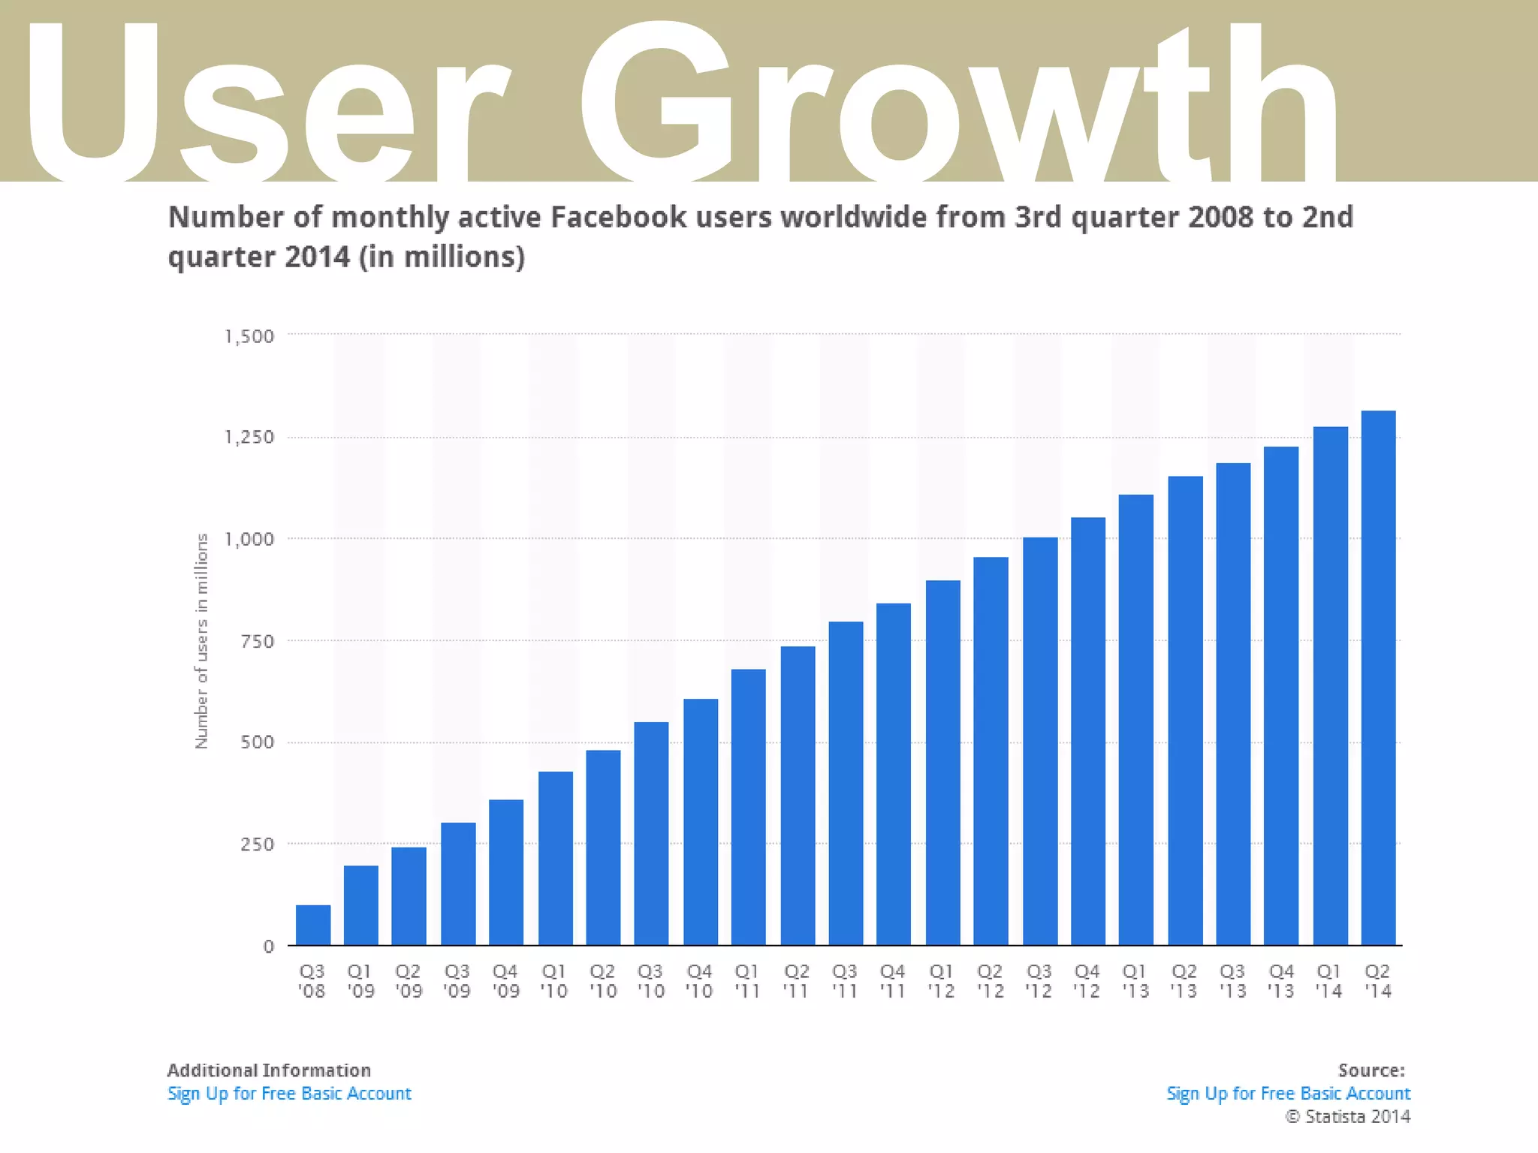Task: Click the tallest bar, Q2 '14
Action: tap(1378, 677)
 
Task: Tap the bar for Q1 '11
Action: tap(748, 806)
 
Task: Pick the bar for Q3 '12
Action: tap(1039, 740)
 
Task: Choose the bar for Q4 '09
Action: tap(505, 872)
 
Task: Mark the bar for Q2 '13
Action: tap(1184, 710)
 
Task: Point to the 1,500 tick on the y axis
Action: tap(249, 336)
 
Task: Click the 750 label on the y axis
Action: tap(257, 642)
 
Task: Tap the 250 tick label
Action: tap(257, 844)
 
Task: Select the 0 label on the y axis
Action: tap(268, 947)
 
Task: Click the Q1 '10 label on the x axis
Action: tap(554, 981)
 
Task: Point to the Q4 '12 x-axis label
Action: tap(1087, 981)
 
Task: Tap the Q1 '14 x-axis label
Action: tap(1328, 981)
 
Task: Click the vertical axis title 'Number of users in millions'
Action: tap(201, 640)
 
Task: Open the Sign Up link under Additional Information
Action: tap(289, 1094)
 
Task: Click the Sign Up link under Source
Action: tap(1288, 1094)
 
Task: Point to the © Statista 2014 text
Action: tap(1348, 1117)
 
